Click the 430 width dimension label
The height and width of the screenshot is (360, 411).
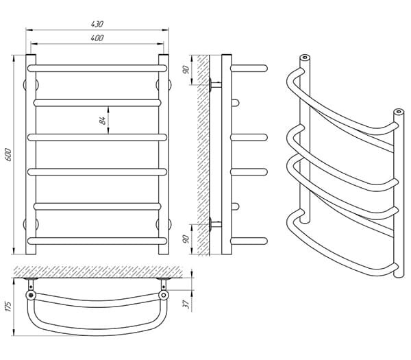coord(97,24)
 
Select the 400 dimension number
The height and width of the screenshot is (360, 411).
coord(97,38)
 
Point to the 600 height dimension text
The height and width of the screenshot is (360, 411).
coord(8,155)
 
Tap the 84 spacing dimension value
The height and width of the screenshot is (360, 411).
coord(102,121)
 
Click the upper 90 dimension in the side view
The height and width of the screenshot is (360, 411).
coord(186,70)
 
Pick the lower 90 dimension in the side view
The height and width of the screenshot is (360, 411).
coord(186,239)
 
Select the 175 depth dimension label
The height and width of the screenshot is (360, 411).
coord(8,307)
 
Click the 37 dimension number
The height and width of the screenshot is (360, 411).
coord(186,304)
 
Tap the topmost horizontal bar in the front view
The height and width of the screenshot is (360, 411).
coord(97,68)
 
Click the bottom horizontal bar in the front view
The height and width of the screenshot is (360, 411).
coord(97,241)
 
